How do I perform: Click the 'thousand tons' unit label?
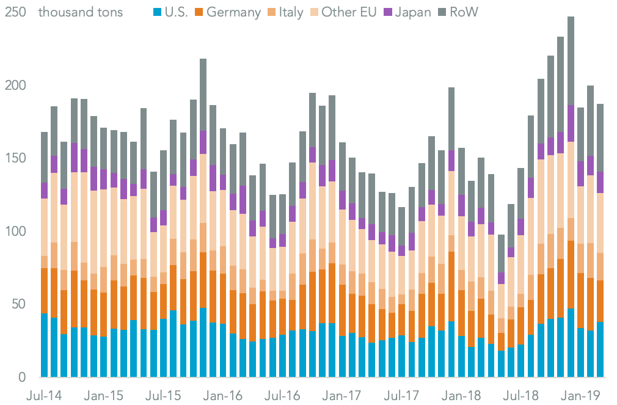(80, 13)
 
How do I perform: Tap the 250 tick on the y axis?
(15, 12)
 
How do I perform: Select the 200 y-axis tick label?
(15, 85)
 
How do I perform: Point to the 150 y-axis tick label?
(15, 158)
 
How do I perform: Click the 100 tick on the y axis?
(15, 232)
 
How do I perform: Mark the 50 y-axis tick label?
(18, 304)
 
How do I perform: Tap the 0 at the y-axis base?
(22, 378)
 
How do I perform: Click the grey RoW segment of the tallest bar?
(571, 61)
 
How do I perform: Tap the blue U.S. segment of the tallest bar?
(571, 343)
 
